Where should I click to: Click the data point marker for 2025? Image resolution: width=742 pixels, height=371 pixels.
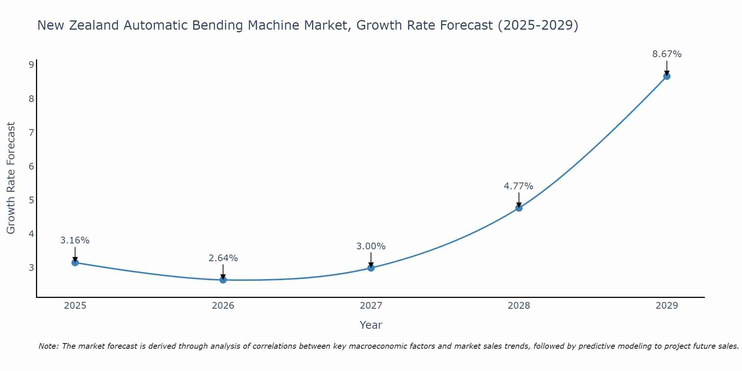click(x=75, y=262)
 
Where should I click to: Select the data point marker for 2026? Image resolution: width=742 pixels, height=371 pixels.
click(x=223, y=280)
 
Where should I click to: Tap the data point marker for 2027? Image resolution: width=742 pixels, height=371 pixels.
click(x=371, y=267)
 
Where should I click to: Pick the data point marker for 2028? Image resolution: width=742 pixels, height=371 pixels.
click(x=519, y=208)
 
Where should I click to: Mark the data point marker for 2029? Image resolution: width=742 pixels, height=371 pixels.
click(x=667, y=76)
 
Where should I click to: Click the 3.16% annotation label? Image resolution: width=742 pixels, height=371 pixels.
click(x=75, y=240)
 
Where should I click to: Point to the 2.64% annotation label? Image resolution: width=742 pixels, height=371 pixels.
click(x=223, y=258)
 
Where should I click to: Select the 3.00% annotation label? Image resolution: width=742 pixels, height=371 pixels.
click(x=371, y=246)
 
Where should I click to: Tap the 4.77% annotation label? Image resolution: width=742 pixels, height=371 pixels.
click(x=518, y=186)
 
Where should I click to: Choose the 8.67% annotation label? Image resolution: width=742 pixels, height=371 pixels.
click(x=667, y=54)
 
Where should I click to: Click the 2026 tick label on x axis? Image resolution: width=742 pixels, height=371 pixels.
click(x=223, y=306)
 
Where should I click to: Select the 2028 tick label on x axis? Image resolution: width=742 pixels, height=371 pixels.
click(x=519, y=306)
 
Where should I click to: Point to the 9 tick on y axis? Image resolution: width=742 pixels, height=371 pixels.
click(x=31, y=65)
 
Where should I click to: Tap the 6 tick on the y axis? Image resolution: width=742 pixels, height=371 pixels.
click(x=31, y=166)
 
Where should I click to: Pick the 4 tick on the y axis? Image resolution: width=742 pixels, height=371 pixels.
click(x=31, y=234)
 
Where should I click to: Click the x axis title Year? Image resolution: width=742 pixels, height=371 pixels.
click(x=371, y=325)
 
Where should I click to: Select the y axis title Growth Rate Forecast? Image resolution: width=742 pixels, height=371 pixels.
click(x=11, y=178)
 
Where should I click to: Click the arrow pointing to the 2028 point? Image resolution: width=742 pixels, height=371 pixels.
click(x=519, y=200)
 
